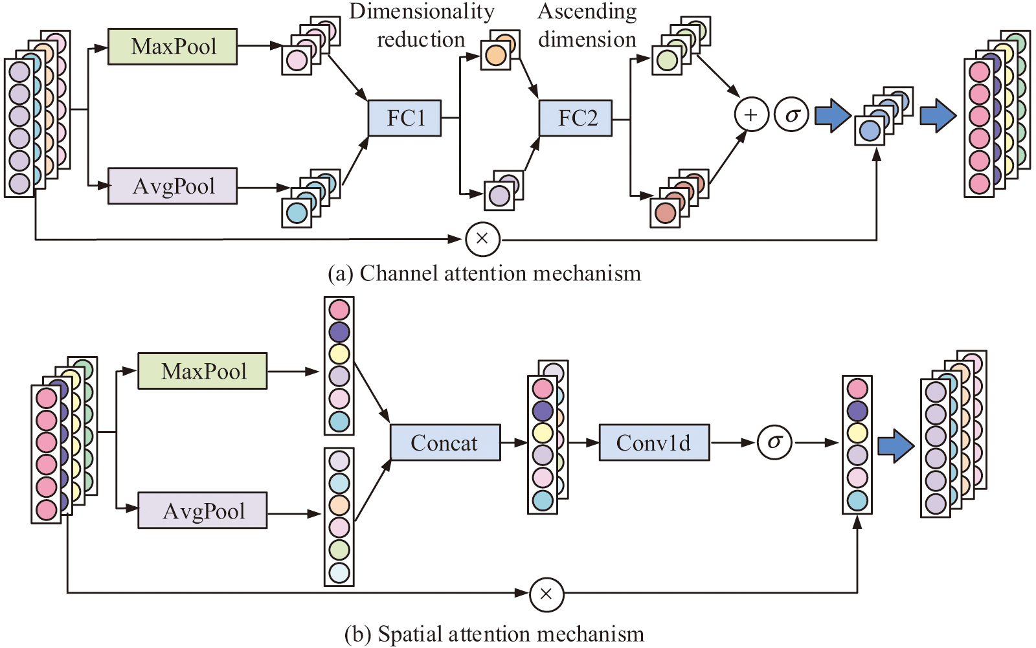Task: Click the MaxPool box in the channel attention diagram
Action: pos(172,47)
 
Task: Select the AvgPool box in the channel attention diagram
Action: pos(172,186)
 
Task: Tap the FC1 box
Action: pos(405,118)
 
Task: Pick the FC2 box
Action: pos(576,118)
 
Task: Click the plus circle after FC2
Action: pos(751,115)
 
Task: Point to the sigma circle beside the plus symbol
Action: pos(791,115)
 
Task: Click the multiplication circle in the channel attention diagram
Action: pos(482,239)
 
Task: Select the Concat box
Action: pos(445,443)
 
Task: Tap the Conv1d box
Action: pos(654,443)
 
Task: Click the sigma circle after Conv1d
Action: pos(775,442)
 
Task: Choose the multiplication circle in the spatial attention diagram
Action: pos(546,594)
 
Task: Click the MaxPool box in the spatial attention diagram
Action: pos(203,371)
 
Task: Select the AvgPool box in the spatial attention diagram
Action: pos(203,511)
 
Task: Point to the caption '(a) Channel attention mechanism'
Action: pos(484,274)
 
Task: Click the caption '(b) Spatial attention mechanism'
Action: pos(494,634)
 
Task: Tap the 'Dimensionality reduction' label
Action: pos(422,26)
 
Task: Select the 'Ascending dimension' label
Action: pos(587,26)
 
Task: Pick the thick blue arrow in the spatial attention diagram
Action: pos(895,446)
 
